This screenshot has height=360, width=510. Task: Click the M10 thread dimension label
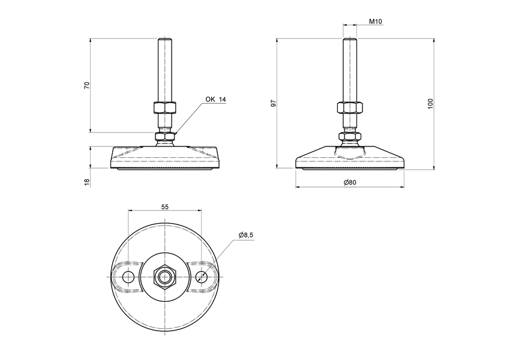pyautogui.click(x=376, y=22)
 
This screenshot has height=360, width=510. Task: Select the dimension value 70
pyautogui.click(x=87, y=85)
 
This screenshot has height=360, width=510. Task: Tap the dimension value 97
pyautogui.click(x=274, y=103)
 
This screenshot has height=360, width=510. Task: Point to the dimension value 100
pyautogui.click(x=430, y=103)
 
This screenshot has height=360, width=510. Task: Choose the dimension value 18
pyautogui.click(x=87, y=181)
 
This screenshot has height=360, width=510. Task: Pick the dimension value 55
pyautogui.click(x=165, y=206)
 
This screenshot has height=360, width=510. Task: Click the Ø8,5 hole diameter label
pyautogui.click(x=246, y=235)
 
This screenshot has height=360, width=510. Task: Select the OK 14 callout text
pyautogui.click(x=215, y=100)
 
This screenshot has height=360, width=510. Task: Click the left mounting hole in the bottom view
pyautogui.click(x=128, y=277)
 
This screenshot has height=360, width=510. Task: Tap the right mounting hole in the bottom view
pyautogui.click(x=202, y=277)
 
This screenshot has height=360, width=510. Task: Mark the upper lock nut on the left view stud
pyautogui.click(x=164, y=108)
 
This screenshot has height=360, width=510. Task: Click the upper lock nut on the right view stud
pyautogui.click(x=349, y=108)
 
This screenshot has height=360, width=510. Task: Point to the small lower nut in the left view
pyautogui.click(x=164, y=137)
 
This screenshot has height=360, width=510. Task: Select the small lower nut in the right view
pyautogui.click(x=349, y=137)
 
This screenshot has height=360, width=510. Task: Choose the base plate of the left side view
pyautogui.click(x=164, y=157)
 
